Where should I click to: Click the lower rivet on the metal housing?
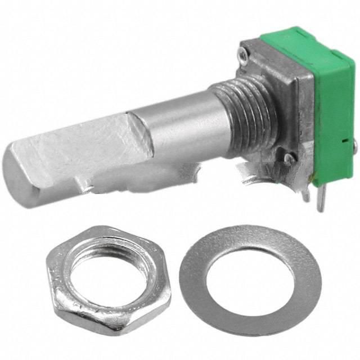pos(289,159)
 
